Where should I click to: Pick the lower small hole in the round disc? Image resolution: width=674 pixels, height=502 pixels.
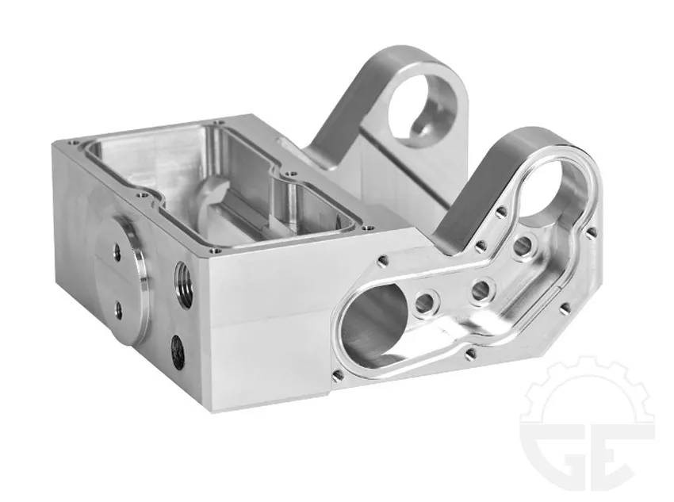(x=118, y=310)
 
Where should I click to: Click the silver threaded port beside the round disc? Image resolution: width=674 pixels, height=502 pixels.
(x=183, y=285)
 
